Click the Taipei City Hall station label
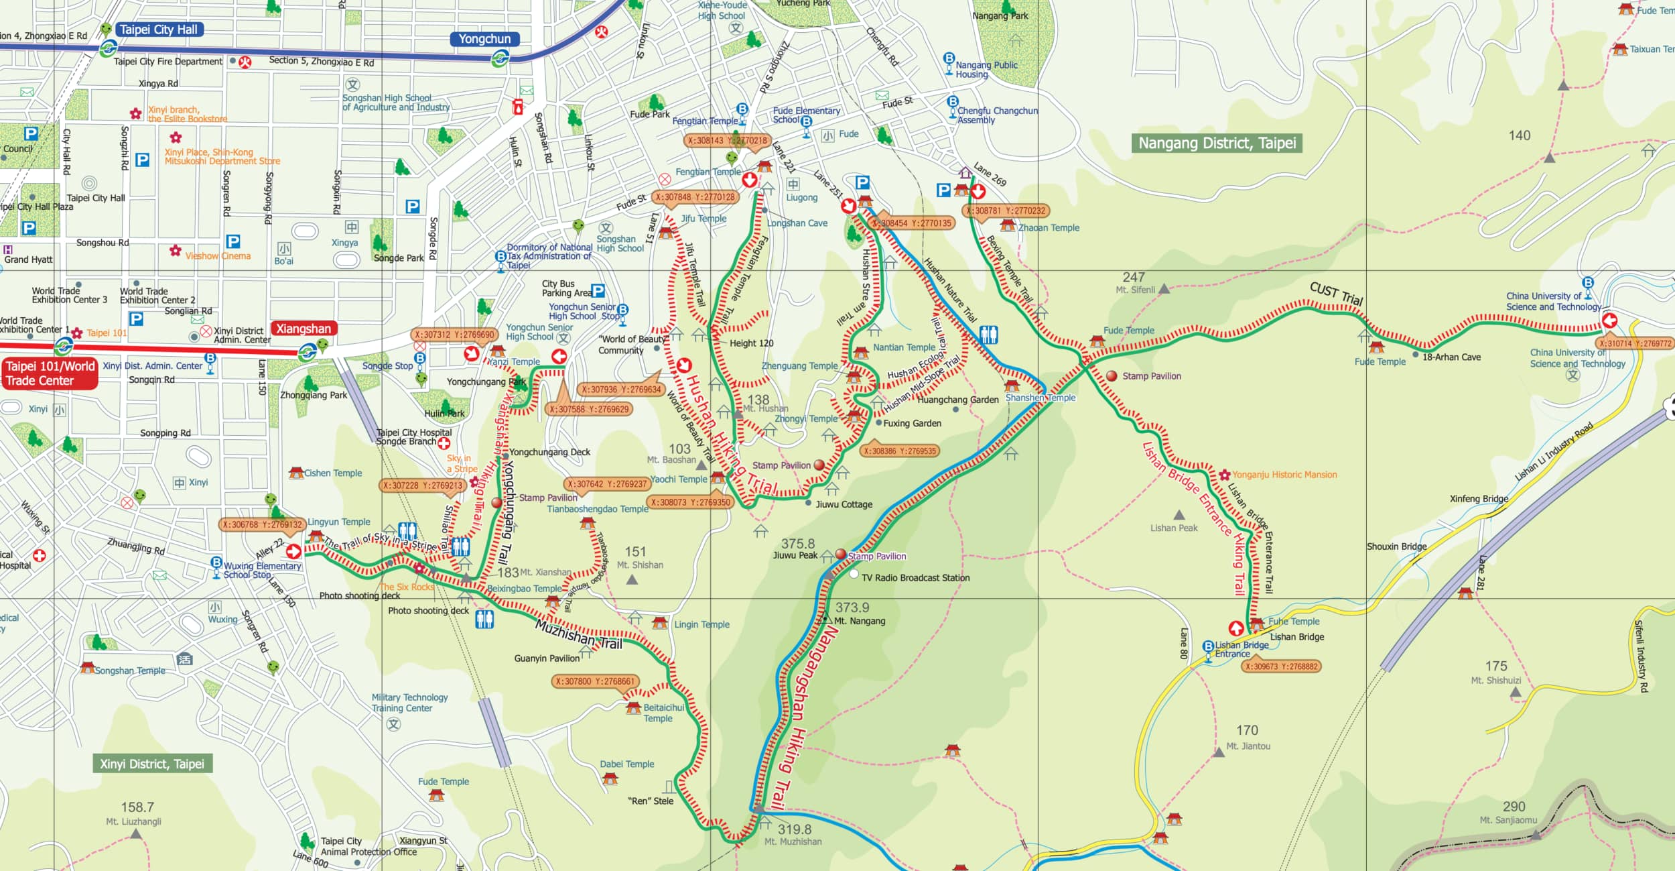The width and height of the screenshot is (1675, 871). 158,30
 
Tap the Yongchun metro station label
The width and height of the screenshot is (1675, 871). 484,39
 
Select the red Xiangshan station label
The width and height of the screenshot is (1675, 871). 304,329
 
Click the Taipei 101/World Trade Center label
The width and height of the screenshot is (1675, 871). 50,373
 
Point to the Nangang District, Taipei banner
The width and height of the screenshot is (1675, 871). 1217,143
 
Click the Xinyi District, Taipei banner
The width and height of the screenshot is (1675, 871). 152,764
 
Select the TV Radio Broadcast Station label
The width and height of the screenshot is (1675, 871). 915,577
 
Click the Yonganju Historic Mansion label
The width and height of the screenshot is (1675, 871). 1284,475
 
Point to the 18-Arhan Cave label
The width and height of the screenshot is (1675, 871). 1451,357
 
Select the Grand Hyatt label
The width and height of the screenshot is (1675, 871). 28,259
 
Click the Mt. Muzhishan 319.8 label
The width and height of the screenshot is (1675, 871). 793,834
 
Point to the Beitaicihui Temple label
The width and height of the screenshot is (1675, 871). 663,712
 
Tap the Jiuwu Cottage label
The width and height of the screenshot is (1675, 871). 844,504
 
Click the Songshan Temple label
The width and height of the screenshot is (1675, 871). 130,671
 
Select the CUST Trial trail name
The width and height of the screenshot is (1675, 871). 1336,293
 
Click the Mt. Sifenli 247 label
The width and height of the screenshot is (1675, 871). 1135,282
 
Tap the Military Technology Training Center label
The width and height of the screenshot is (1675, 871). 409,703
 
